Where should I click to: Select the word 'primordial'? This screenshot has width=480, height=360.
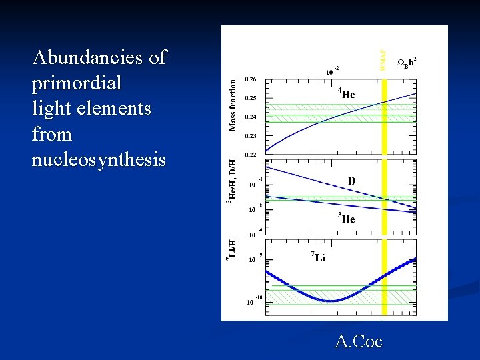click(x=77, y=83)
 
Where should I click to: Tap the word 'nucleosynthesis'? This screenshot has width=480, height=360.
click(x=99, y=160)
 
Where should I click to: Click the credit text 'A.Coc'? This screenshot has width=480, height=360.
click(x=359, y=342)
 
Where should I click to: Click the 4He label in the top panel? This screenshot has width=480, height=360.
click(x=346, y=94)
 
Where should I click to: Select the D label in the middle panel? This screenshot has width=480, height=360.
click(x=351, y=181)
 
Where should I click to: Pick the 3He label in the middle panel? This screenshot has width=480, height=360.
click(x=345, y=219)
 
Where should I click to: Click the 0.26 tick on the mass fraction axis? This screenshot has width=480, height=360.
click(x=250, y=79)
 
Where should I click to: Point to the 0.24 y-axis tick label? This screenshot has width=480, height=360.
click(x=250, y=117)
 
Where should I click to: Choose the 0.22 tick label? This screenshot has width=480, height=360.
click(x=250, y=155)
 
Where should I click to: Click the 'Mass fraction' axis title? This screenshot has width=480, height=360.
click(x=233, y=105)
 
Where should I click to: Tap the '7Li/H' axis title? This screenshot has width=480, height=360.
click(x=233, y=250)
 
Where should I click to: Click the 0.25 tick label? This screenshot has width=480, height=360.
click(x=250, y=98)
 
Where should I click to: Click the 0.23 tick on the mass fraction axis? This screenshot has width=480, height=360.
click(x=250, y=136)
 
